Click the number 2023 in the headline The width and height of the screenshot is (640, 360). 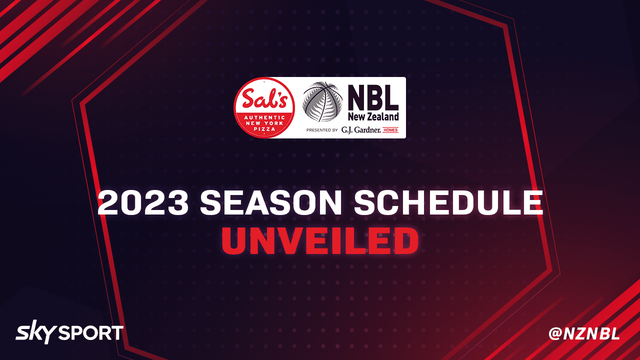[x=143, y=202]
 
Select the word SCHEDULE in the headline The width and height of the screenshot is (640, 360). [x=448, y=202]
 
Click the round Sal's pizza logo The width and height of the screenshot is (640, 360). [x=264, y=107]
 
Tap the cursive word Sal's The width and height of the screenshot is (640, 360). [x=264, y=98]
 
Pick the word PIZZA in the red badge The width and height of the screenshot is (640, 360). [x=264, y=129]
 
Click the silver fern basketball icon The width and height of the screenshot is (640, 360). [x=322, y=101]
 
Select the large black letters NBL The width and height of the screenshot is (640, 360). [x=373, y=98]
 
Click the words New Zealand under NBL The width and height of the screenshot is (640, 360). [x=373, y=116]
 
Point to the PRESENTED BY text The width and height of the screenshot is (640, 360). [x=322, y=130]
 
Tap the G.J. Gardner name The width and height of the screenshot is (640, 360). [x=361, y=130]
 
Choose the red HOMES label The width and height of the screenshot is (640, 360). [x=390, y=130]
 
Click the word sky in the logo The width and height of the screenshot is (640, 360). [x=35, y=332]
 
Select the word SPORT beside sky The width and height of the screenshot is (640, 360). [x=91, y=333]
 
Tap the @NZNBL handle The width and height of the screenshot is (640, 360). [x=584, y=333]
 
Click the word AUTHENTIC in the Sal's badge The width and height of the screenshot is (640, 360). [x=264, y=117]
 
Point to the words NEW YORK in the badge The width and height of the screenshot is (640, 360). [x=264, y=123]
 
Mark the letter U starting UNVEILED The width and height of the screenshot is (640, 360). [x=234, y=241]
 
